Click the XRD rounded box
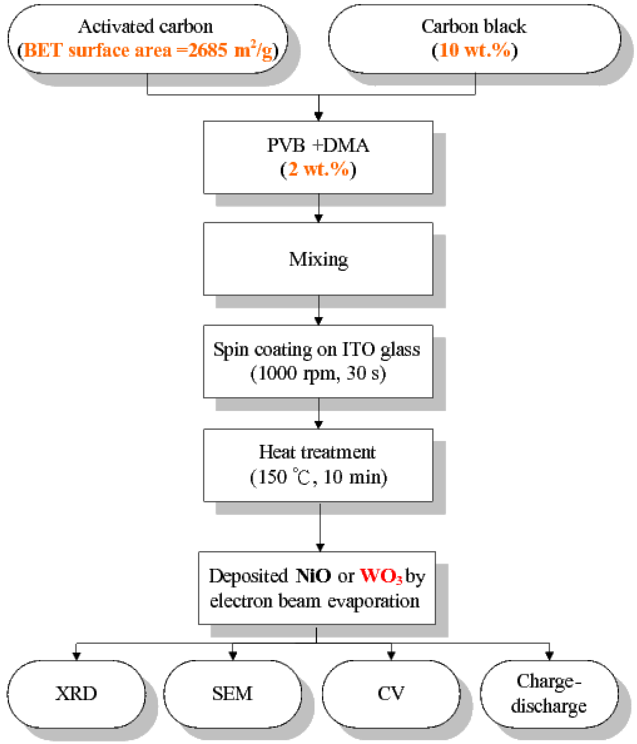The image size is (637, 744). tap(76, 693)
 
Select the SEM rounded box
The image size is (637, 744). tap(232, 693)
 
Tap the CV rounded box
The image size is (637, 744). tap(391, 693)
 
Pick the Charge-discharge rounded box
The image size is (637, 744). tap(549, 693)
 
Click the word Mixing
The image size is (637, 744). tap(318, 259)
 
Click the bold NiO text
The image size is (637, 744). tap(313, 576)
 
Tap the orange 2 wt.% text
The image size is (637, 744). tap(318, 169)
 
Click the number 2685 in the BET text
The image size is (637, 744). tap(208, 50)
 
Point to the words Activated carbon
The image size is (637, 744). tap(146, 27)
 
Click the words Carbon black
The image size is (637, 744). tap(474, 27)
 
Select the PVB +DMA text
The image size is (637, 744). tap(318, 146)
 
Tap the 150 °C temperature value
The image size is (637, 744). tap(284, 477)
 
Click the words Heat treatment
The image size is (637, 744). tap(317, 452)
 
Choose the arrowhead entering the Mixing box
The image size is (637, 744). tap(318, 218)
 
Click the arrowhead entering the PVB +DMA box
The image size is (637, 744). tap(318, 116)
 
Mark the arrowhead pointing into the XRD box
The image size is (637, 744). tap(76, 656)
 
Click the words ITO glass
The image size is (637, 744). tap(381, 350)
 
